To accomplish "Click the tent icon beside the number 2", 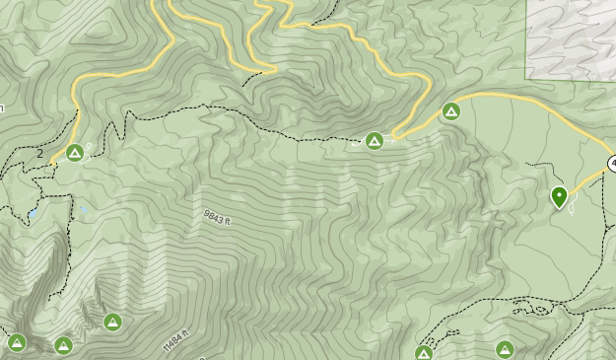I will [75, 152].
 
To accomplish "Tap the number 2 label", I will [40, 154].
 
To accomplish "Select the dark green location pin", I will [559, 197].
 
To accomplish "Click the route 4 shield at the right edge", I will [612, 163].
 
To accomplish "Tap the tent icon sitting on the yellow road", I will [451, 110].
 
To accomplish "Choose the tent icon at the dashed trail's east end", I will [375, 141].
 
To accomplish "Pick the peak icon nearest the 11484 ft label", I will [112, 321].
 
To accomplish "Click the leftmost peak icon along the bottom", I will [16, 342].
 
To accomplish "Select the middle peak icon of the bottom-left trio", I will [63, 344].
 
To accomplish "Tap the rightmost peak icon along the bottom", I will [505, 349].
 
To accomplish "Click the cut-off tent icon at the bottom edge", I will [424, 353].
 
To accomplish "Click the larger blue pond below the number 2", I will [34, 212].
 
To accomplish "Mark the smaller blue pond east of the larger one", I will [83, 208].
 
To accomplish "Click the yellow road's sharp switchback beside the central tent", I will [394, 135].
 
